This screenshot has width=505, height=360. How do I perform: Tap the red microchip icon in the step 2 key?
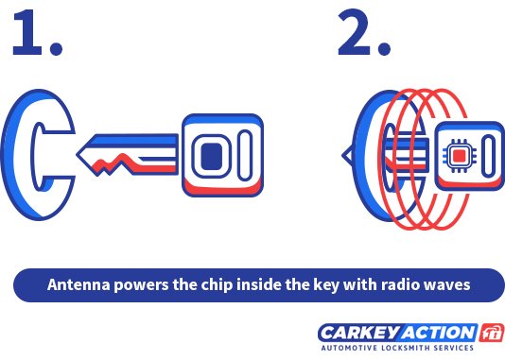pos(458,154)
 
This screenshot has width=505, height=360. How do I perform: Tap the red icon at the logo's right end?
pos(492,332)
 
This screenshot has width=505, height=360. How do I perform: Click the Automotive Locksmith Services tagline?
pos(397,349)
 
